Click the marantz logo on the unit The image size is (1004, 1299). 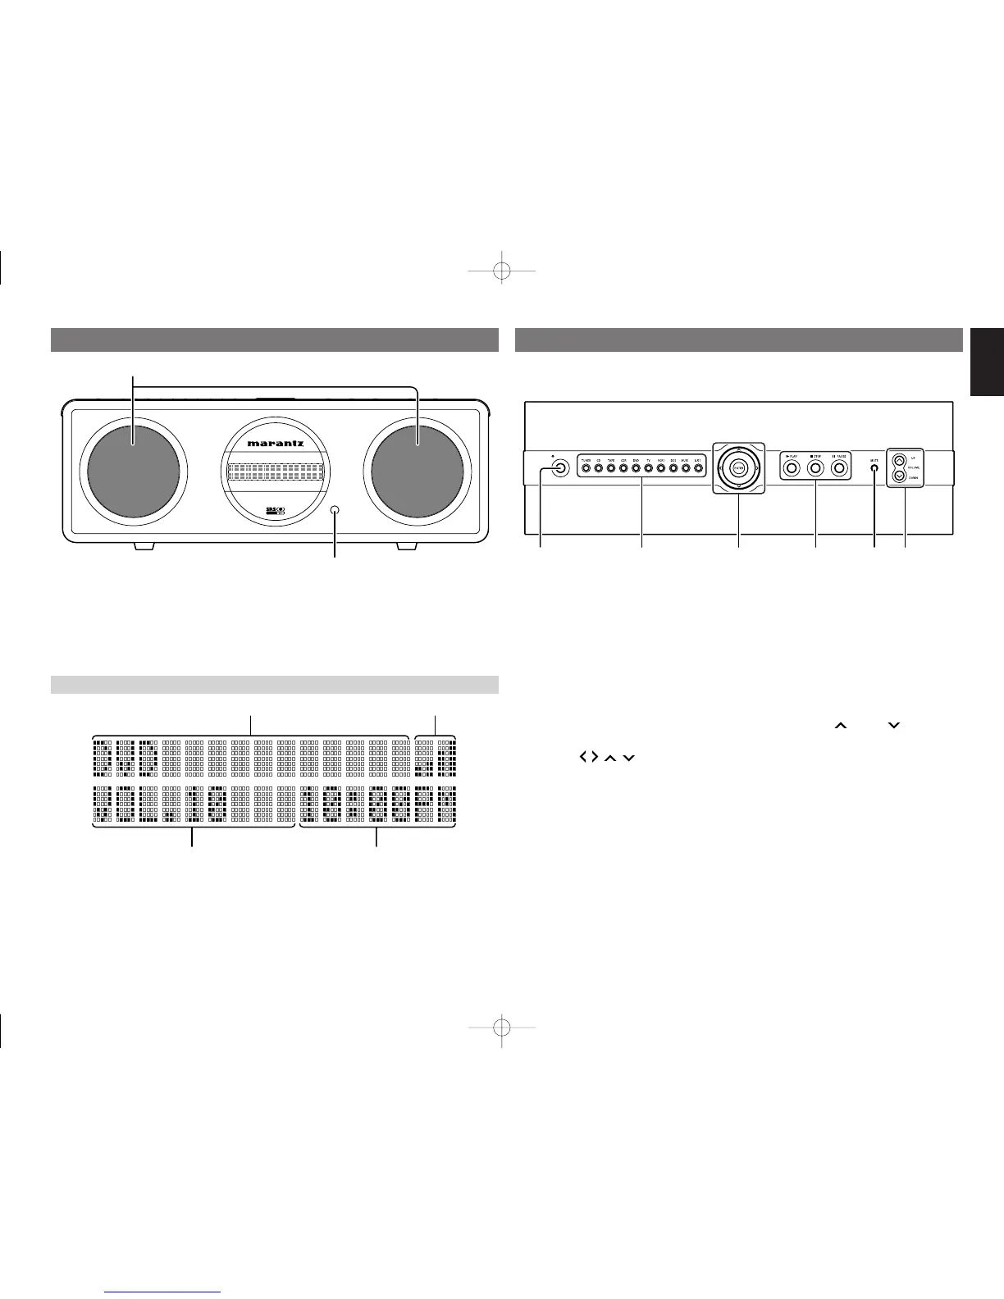pyautogui.click(x=276, y=444)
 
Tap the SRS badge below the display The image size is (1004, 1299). pyautogui.click(x=275, y=512)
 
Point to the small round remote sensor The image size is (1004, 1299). pyautogui.click(x=335, y=510)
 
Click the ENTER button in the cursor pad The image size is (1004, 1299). pyautogui.click(x=739, y=468)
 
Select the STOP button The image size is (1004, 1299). pyautogui.click(x=815, y=469)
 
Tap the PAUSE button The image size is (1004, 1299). pyautogui.click(x=840, y=469)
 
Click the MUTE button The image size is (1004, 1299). pyautogui.click(x=874, y=469)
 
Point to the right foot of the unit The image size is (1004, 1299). pyautogui.click(x=408, y=546)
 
